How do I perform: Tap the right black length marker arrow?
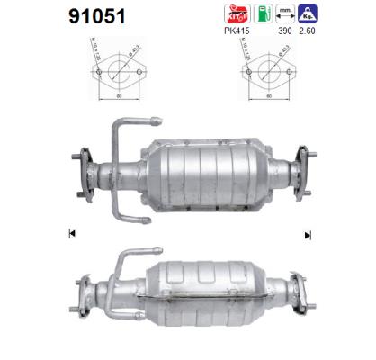(308, 235)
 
